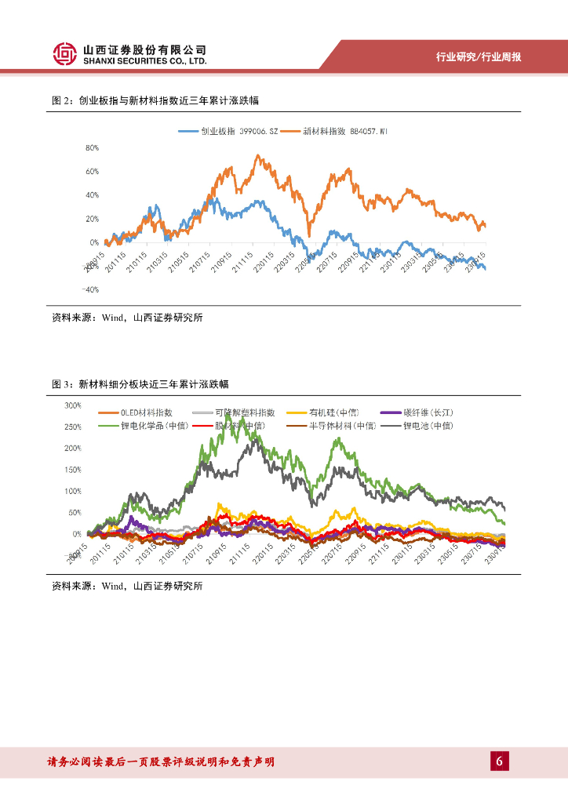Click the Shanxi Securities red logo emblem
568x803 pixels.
tap(65, 54)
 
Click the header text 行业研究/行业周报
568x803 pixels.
tap(479, 57)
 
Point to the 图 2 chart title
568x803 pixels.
tap(155, 101)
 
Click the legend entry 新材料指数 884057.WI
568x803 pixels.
tap(335, 131)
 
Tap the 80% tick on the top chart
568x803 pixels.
tap(92, 147)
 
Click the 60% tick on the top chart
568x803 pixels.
tap(92, 171)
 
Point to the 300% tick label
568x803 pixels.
tap(73, 405)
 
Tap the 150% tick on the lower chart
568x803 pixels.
tap(73, 470)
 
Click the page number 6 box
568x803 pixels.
tap(500, 761)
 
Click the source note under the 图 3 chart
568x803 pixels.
tap(127, 586)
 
